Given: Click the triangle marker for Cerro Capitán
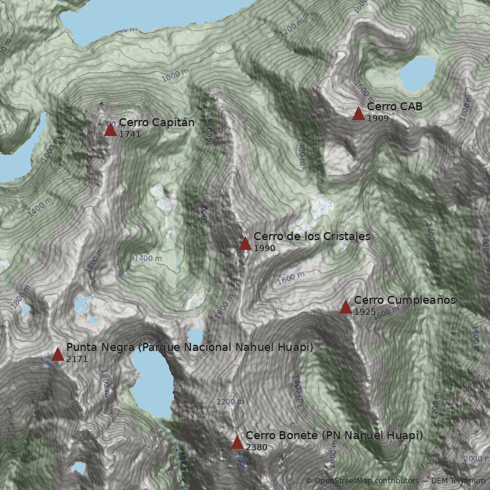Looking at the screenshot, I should coord(110,129).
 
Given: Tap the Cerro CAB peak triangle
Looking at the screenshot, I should coord(358,113).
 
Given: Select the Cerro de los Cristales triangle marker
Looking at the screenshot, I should coord(245,243).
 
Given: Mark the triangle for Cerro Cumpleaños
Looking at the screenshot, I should coord(345,307).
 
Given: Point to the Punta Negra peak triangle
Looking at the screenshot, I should coord(58,354).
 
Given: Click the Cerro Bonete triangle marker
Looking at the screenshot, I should coord(237,442).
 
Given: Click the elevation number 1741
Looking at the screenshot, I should coord(130,134).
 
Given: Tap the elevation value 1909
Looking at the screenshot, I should coord(378,118).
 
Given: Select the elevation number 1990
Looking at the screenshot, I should coord(265,248).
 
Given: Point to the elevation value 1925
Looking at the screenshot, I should coord(365,312).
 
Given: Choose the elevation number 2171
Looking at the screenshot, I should coord(77,359).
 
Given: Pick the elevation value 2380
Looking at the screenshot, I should coord(257,447).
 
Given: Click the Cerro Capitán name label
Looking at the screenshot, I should coord(157,123).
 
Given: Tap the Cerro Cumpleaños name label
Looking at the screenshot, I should coord(405,300).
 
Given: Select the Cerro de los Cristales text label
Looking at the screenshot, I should coord(312,236).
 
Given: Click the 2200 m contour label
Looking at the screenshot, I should coord(230,402).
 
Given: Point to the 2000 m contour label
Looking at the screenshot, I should coord(476,459).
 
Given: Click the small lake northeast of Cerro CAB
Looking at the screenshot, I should coord(418,73).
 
